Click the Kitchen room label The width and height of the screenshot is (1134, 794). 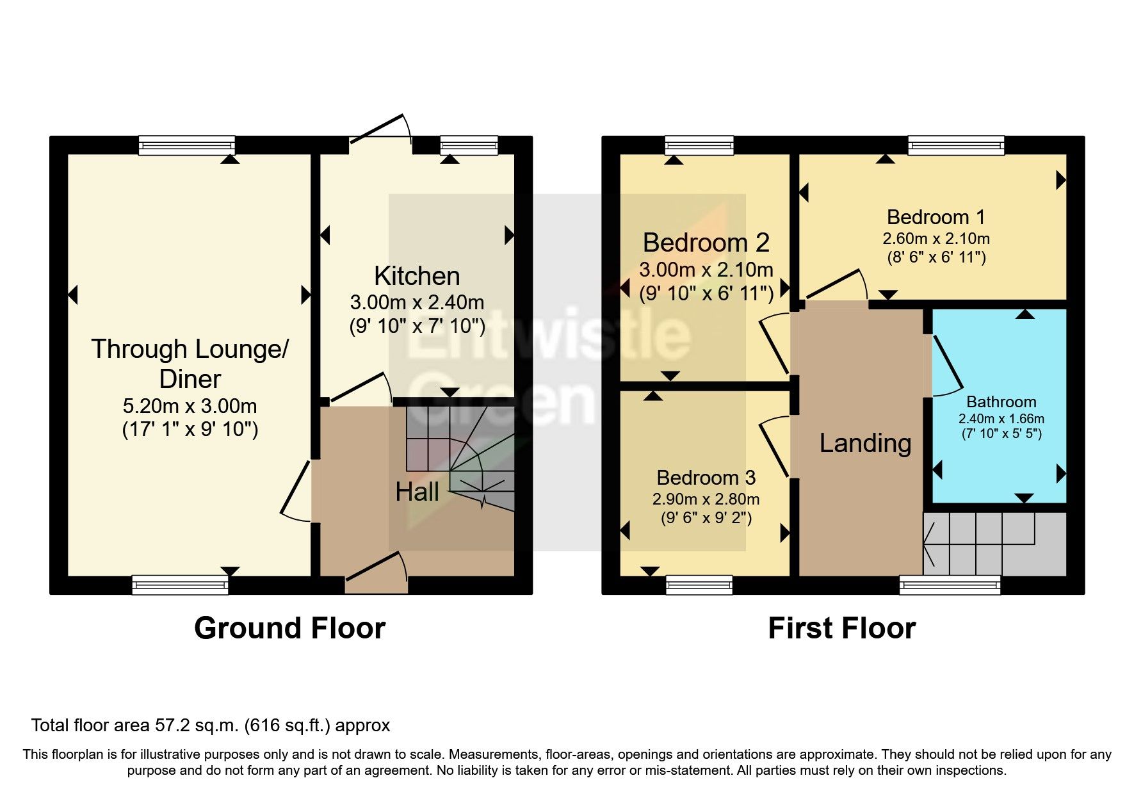coord(417,276)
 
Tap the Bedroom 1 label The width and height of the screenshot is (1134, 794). coord(936,217)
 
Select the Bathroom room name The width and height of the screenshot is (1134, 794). coord(1001,401)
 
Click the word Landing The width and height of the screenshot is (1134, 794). coord(865,443)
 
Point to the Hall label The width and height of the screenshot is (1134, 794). coord(417,492)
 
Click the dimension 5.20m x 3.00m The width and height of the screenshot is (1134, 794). coord(190,406)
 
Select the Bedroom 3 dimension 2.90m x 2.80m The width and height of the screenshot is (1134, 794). coord(706,499)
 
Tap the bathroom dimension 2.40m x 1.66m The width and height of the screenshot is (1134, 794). coord(1001,419)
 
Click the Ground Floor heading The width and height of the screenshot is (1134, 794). coord(289,628)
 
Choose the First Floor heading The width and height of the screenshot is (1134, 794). coord(841,628)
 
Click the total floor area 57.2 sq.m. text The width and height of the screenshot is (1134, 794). coord(210,725)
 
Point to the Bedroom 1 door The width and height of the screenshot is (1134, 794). coord(836,286)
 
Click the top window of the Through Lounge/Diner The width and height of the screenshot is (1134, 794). coord(187,145)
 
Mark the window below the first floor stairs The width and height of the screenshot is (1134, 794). coord(950,584)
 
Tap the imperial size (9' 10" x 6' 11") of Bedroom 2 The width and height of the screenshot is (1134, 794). coord(706,293)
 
